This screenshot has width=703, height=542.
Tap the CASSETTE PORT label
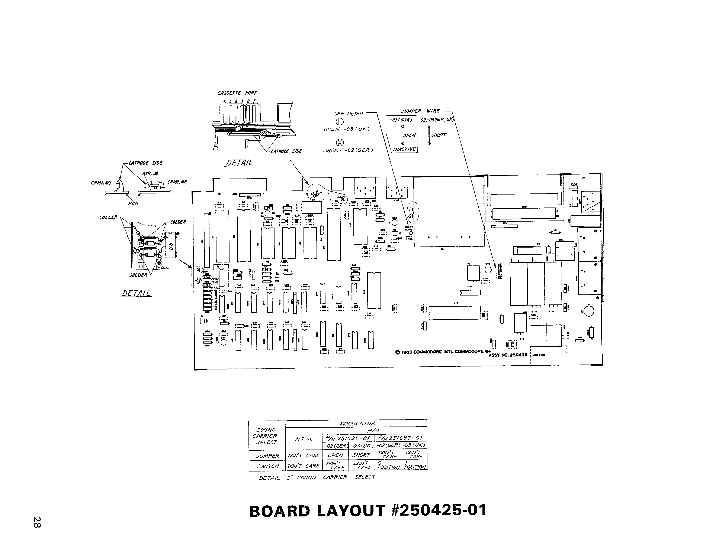point(237,93)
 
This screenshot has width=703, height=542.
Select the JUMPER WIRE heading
point(420,111)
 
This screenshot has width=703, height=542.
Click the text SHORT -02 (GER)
point(348,150)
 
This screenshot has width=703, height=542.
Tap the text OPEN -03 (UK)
point(346,129)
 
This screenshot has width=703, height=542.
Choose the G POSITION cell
point(388,465)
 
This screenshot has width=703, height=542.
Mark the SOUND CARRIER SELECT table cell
point(266,436)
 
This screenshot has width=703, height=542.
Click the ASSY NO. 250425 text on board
point(508,355)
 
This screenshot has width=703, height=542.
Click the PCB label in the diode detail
point(133,203)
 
